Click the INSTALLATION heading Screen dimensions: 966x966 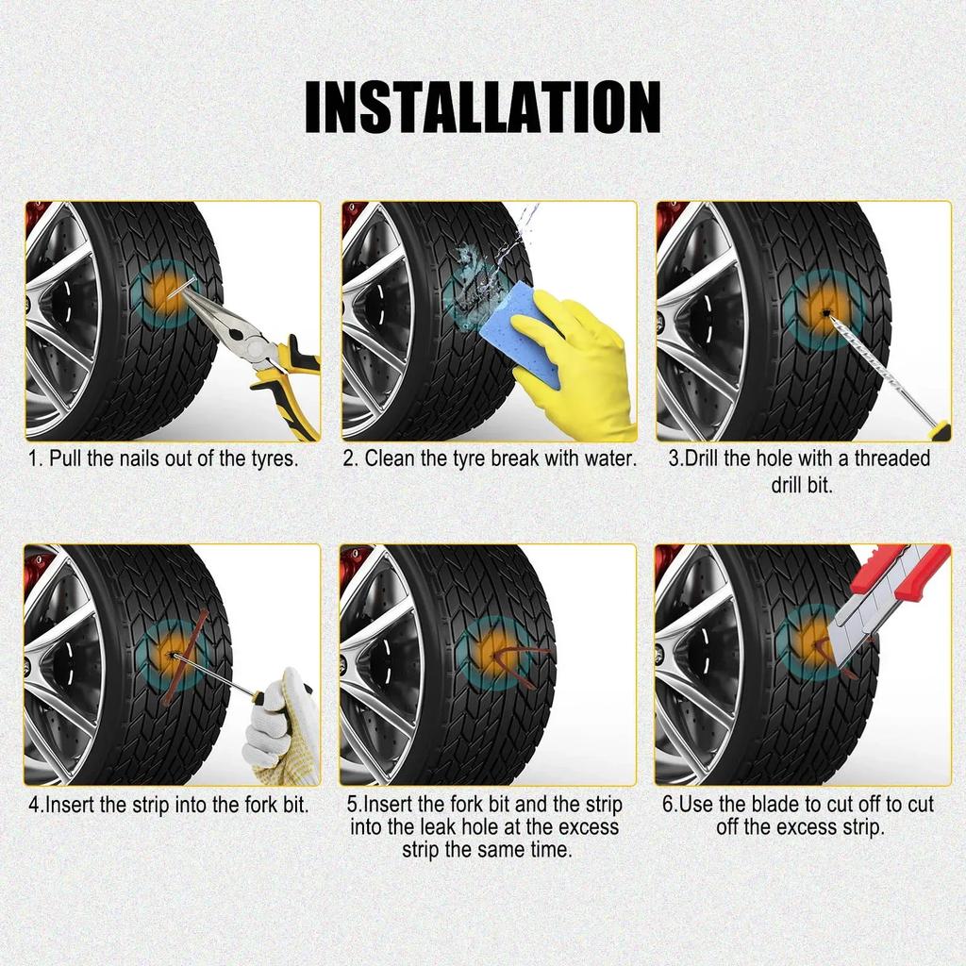[483, 108]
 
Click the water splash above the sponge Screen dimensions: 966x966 [514, 235]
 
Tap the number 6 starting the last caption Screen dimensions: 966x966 [668, 805]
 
